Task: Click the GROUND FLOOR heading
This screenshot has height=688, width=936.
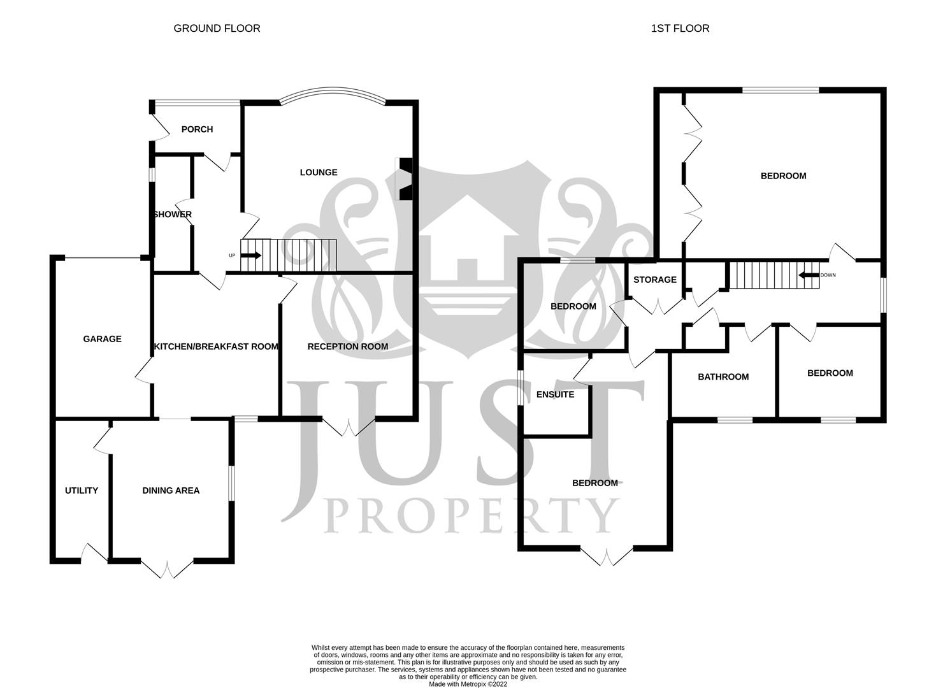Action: [217, 28]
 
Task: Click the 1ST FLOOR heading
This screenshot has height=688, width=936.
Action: [680, 28]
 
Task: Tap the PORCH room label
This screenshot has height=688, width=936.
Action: [197, 129]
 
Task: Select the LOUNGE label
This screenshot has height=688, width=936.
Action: [319, 172]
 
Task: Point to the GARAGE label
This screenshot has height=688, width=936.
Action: [102, 339]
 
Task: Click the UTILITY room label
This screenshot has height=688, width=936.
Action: [82, 491]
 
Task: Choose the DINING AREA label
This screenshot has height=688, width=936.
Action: [171, 491]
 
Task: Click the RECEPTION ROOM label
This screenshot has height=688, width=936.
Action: [347, 347]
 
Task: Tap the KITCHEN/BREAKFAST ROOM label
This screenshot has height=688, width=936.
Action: [216, 347]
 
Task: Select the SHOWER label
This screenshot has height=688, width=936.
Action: [172, 215]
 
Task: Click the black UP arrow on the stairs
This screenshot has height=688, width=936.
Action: [252, 255]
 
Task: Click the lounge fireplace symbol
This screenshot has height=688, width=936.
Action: [405, 179]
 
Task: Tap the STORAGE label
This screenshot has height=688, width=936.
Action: [655, 280]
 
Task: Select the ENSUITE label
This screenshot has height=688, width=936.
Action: [555, 394]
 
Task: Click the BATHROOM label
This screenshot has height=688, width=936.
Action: [723, 376]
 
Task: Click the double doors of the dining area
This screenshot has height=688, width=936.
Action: [167, 568]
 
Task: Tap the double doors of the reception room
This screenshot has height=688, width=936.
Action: [348, 427]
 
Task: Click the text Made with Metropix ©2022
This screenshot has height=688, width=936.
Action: [468, 684]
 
